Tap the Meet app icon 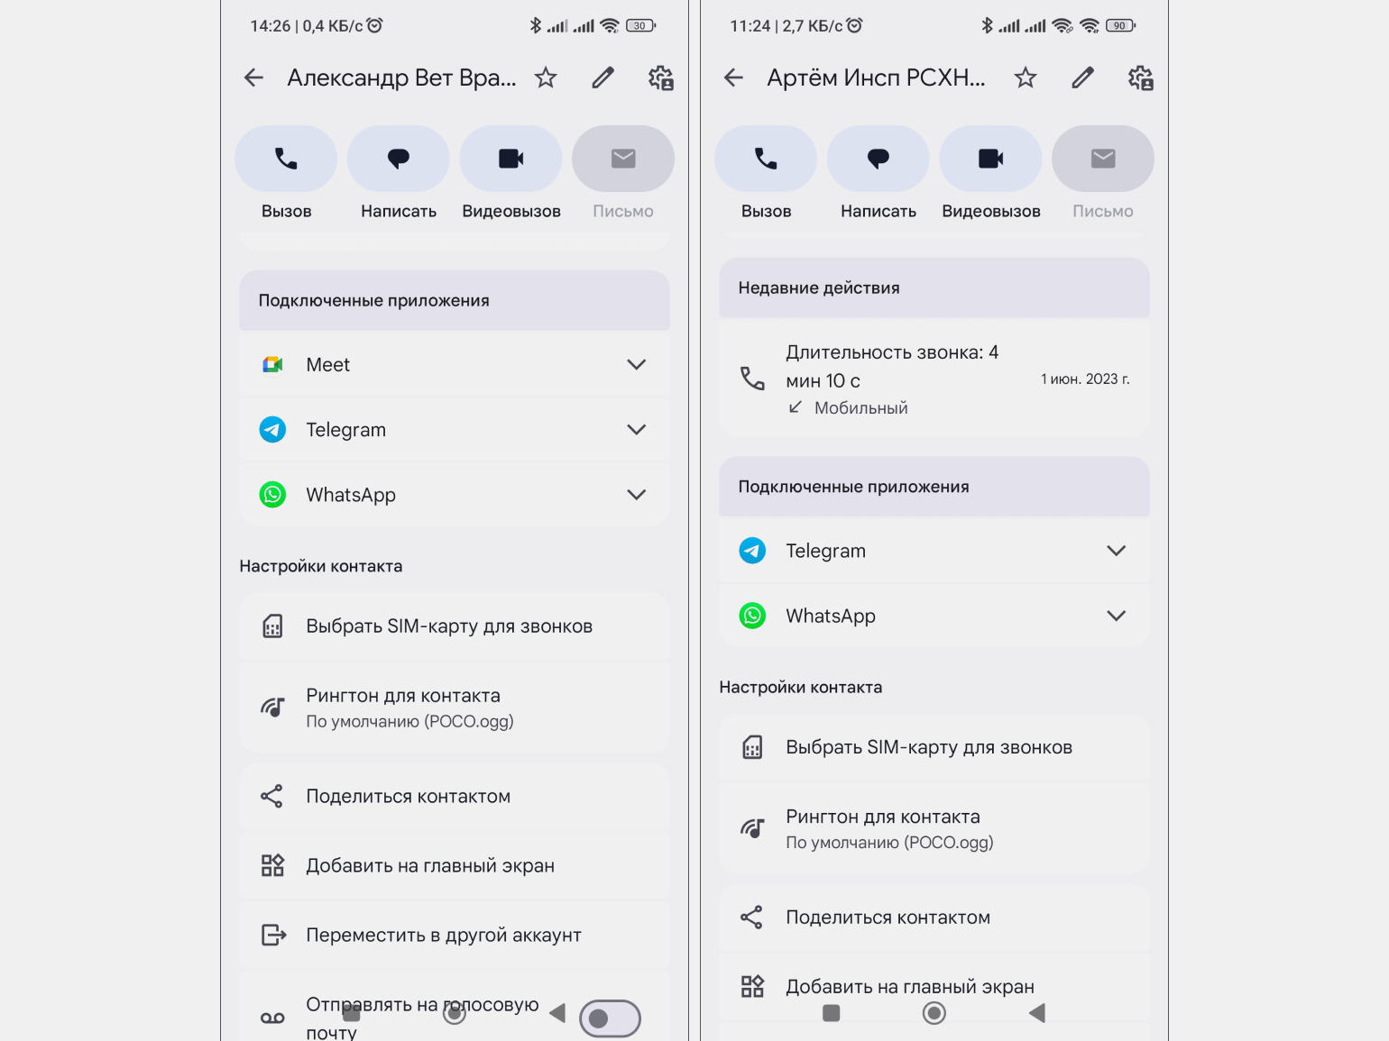272,365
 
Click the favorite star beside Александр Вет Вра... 546,78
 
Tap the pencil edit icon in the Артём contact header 1082,78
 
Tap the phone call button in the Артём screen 766,159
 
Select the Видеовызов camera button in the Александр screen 511,159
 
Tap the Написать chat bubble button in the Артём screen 878,159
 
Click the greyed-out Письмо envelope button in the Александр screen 623,159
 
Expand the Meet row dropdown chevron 637,365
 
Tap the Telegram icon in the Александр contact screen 272,430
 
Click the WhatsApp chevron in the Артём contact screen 1117,616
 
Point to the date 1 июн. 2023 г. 1085,379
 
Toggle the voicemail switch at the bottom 610,1018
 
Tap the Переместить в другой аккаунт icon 273,935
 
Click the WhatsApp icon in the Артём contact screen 752,616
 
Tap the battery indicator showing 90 1121,26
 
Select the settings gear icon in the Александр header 660,78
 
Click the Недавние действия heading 819,288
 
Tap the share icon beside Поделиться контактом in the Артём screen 751,918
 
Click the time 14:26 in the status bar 271,26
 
